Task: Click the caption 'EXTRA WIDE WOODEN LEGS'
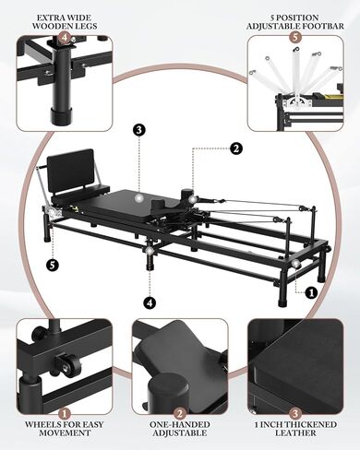[63, 21]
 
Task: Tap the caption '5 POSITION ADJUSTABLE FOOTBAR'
[294, 21]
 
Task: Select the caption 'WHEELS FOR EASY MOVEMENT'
[64, 428]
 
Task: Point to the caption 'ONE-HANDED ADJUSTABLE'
[180, 428]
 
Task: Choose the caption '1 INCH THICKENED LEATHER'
[295, 428]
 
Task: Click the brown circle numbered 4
[64, 39]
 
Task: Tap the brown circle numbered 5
[294, 39]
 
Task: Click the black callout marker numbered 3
[138, 130]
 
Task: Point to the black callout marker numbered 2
[236, 147]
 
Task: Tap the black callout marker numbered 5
[54, 265]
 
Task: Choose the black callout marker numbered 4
[150, 301]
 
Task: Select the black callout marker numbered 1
[311, 292]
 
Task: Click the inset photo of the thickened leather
[295, 364]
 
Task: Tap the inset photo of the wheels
[64, 364]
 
